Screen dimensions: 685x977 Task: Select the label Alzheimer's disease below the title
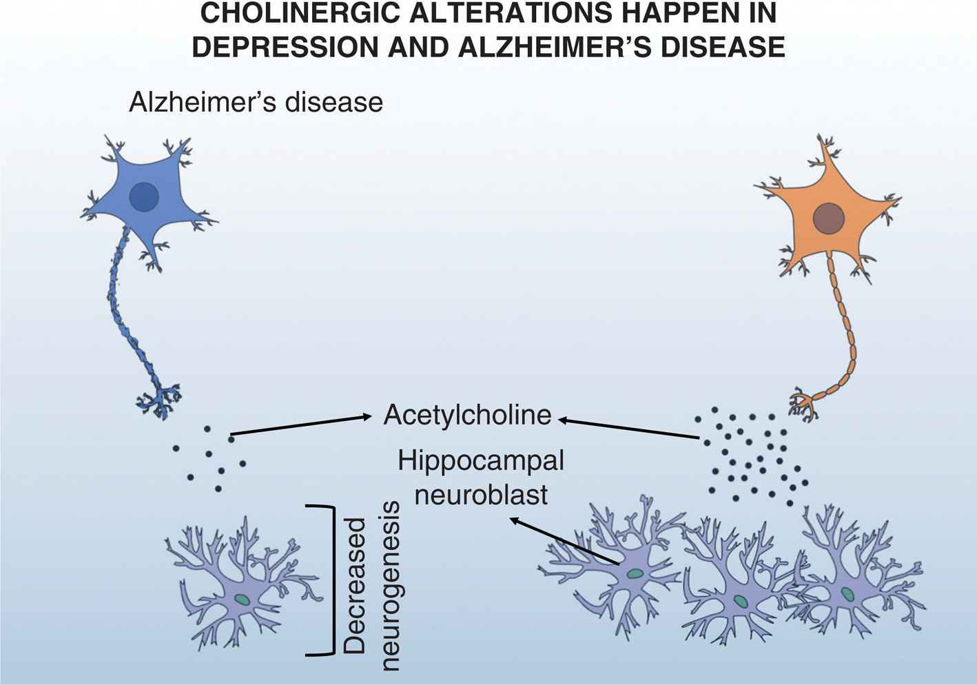click(x=256, y=103)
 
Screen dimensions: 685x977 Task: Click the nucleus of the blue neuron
click(x=144, y=196)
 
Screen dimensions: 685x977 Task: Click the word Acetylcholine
click(x=468, y=415)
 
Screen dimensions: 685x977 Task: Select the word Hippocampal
click(x=481, y=460)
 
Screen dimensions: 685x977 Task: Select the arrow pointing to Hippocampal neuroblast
click(x=564, y=542)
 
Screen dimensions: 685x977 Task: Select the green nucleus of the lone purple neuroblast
click(x=242, y=600)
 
